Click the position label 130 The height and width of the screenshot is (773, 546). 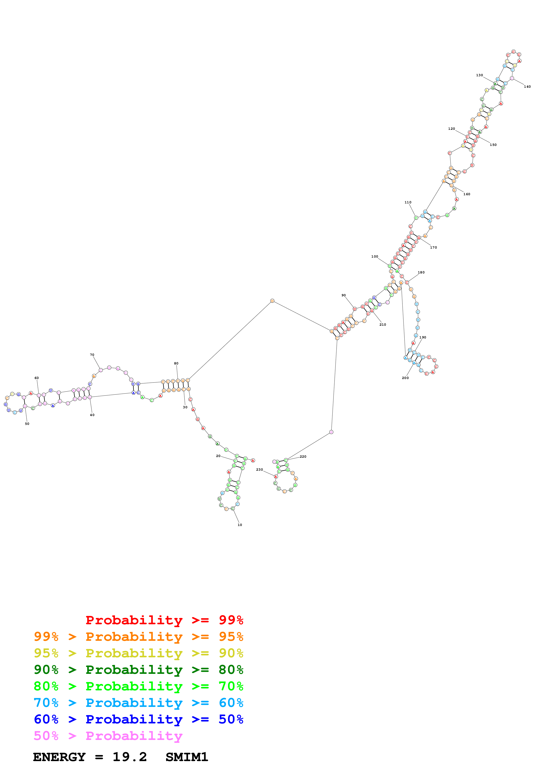tap(479, 75)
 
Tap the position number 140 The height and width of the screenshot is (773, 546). tap(527, 87)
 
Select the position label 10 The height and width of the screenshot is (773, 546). tap(240, 525)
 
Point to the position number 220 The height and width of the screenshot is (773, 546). tap(303, 457)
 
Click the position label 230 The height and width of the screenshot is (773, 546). tap(259, 470)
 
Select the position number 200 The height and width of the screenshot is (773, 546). tap(405, 378)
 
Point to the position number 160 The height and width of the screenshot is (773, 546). tap(467, 194)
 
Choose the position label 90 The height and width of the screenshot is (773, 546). tap(343, 295)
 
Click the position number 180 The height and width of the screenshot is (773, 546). tap(421, 272)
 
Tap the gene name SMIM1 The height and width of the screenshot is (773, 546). tap(187, 757)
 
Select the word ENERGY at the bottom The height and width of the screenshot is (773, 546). tap(59, 757)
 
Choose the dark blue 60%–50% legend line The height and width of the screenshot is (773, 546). tap(139, 719)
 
